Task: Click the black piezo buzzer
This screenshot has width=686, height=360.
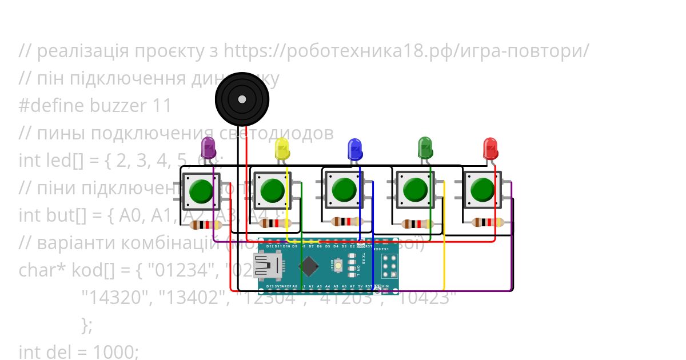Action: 242,99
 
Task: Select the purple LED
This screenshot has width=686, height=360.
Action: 209,147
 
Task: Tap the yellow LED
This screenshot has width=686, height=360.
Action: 282,148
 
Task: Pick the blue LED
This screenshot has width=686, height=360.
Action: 355,149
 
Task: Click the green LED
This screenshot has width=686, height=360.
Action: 425,147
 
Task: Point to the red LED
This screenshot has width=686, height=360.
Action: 490,148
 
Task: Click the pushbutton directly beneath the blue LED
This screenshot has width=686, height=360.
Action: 344,189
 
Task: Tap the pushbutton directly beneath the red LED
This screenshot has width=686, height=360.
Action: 483,189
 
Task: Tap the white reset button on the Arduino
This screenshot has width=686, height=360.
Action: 339,266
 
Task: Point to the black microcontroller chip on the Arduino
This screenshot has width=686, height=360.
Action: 309,266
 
